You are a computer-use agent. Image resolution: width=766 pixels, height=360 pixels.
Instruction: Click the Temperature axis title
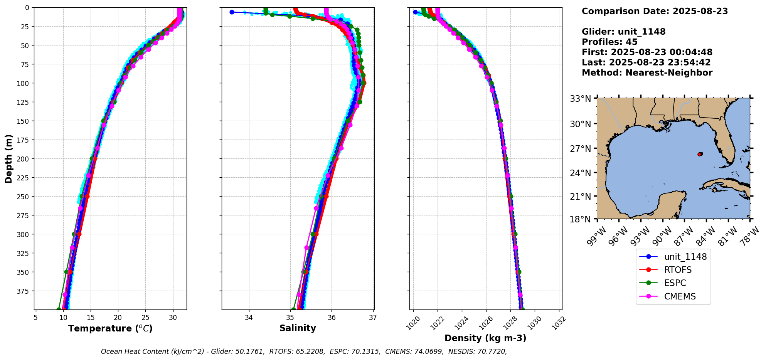pos(110,328)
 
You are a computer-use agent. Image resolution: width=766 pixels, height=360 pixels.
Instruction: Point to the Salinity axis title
pos(298,328)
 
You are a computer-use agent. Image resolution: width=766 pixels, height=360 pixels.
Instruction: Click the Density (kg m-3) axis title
pos(485,338)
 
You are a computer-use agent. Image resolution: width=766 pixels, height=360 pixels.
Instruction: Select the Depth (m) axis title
pos(9,158)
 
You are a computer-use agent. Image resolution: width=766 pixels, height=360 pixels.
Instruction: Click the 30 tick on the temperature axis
pos(173,318)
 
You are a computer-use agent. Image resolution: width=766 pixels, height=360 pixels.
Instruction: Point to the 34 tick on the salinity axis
pos(249,318)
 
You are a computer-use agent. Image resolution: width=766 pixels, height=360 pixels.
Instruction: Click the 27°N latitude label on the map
pos(580,149)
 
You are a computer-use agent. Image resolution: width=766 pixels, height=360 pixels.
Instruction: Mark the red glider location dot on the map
pos(699,154)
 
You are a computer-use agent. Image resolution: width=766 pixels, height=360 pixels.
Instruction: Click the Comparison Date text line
pos(655,11)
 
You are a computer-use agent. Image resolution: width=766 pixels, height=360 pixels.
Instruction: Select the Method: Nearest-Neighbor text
pos(647,73)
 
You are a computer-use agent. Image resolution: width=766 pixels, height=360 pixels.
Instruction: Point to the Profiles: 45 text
pos(609,42)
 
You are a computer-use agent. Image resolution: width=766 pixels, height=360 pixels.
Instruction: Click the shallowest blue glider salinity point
pos(232,12)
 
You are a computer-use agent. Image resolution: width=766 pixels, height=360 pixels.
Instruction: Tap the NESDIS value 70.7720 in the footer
pos(492,352)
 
